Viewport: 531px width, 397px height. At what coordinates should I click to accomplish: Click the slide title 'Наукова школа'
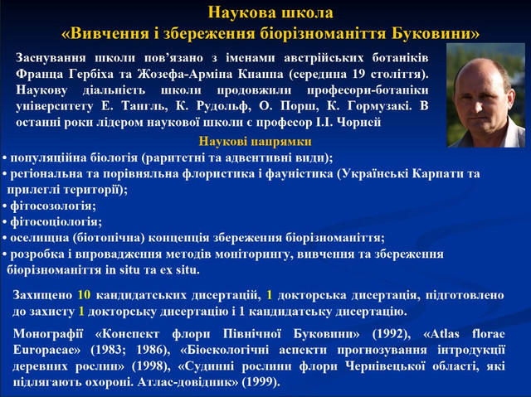coord(270,12)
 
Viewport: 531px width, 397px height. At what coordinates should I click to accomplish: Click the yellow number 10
coord(84,295)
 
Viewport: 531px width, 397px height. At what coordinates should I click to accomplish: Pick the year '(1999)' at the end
coord(259,382)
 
